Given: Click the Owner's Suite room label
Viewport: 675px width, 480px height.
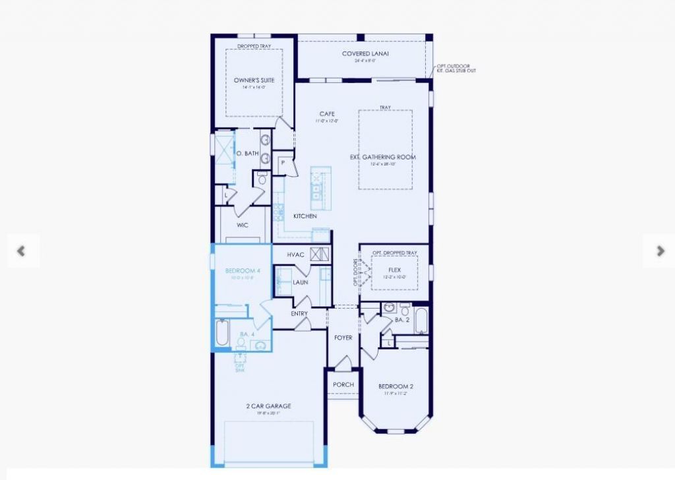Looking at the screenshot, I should point(254,80).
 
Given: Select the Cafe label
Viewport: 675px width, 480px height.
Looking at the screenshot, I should point(327,114).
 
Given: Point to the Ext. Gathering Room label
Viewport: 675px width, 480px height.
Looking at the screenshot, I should point(383,157).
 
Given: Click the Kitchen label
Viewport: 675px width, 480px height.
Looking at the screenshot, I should point(305,216).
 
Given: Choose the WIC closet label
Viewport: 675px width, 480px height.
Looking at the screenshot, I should point(242,224).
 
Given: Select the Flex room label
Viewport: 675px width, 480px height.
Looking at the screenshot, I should point(395,270).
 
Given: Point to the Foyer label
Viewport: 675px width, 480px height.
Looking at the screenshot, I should point(343,338).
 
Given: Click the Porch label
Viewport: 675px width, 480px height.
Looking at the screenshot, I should point(343,384).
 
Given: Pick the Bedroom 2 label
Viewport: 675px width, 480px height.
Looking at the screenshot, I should point(396,386).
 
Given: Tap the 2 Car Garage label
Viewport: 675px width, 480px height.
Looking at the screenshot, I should point(268,406).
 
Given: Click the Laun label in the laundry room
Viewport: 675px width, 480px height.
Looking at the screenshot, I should point(301,282).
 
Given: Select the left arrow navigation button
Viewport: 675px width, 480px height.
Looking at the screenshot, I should point(21,251).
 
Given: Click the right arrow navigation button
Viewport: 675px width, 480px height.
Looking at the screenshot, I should point(660,251).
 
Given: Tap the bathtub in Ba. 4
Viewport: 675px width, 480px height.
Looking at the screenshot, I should point(222,333).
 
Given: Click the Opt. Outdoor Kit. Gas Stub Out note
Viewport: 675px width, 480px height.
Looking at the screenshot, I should point(456,69).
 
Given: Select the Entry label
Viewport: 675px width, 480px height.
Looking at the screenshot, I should point(299,314).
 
